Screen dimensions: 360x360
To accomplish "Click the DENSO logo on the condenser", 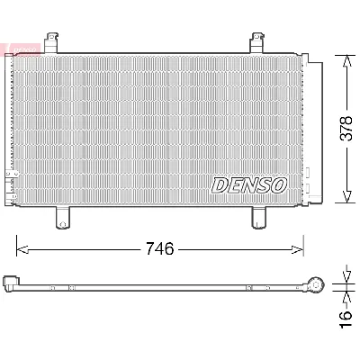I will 248,184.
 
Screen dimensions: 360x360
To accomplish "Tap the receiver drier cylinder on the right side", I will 315,130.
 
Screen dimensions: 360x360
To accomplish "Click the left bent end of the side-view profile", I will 12,283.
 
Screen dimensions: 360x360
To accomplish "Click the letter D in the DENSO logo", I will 220,184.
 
